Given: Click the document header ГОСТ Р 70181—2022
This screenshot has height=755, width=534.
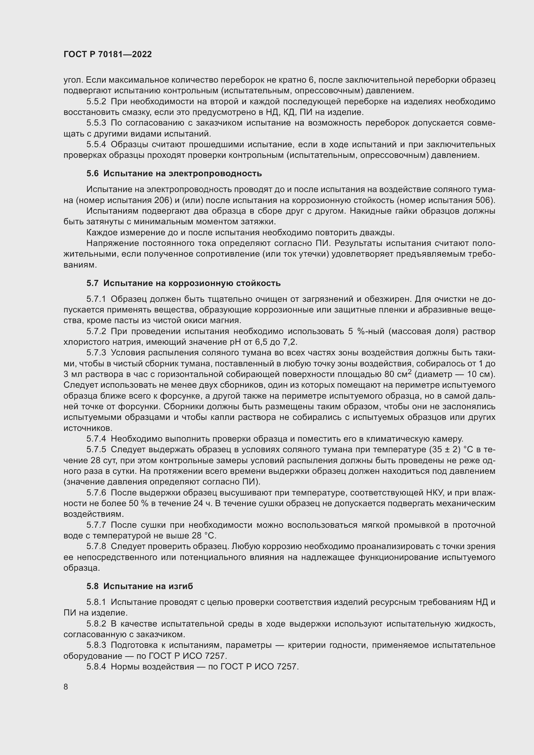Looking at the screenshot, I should point(108,54).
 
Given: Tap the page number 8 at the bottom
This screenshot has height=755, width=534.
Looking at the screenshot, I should point(66,687).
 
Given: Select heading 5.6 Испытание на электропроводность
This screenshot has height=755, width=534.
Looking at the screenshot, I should point(174,173).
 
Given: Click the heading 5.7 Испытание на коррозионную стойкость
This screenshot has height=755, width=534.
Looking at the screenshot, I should point(183,283).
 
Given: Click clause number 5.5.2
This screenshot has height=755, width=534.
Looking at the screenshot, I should point(96,102).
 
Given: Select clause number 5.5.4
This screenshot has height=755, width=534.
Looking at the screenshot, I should point(96,144).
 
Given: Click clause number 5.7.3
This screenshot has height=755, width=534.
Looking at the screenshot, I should point(96,352).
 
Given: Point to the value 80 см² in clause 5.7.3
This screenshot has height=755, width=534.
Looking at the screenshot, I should point(397,374).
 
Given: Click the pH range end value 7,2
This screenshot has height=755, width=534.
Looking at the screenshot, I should point(289,342).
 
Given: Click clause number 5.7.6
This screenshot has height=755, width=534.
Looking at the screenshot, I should point(96,493).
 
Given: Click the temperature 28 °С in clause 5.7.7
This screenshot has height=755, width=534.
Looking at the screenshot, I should point(203,536).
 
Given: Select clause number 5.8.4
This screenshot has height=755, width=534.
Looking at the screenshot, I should point(96,667).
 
